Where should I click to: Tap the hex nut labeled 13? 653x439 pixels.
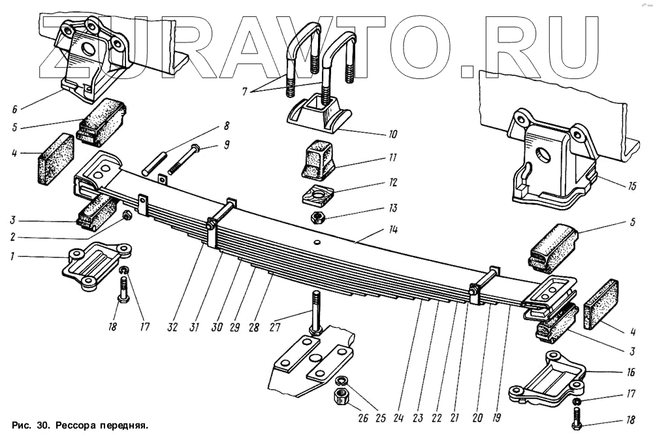(x=315, y=215)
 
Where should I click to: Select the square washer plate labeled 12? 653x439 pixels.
(x=317, y=194)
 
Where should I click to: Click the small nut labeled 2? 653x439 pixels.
(x=127, y=215)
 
